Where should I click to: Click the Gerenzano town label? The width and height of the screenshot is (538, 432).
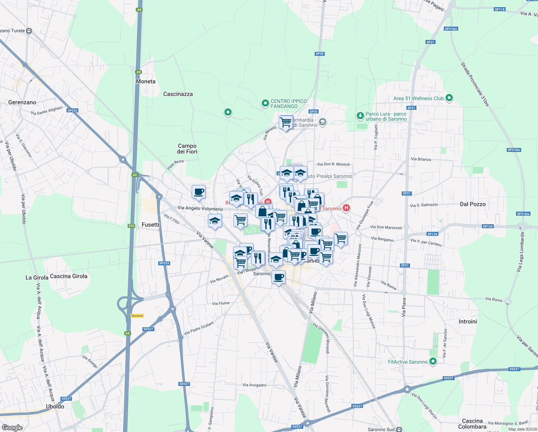click(22, 103)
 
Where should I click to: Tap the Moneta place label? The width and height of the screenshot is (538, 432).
click(146, 82)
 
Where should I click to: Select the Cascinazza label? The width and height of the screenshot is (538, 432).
click(178, 94)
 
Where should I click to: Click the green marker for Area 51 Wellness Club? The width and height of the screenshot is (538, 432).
click(449, 98)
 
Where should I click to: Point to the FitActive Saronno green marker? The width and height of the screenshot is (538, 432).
click(433, 361)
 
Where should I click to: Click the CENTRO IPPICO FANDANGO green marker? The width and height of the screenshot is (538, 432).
click(265, 104)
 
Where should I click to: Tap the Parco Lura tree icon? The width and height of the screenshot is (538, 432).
click(360, 116)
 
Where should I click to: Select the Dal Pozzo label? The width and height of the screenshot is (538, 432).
click(473, 204)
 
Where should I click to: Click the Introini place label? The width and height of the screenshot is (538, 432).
click(468, 321)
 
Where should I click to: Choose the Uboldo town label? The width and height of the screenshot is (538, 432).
click(55, 406)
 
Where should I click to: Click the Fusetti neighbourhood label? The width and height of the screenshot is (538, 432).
click(150, 225)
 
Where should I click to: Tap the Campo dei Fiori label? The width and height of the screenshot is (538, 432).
click(187, 149)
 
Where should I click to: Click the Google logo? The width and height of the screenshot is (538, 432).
click(12, 428)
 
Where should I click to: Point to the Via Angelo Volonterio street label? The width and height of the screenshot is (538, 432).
click(200, 208)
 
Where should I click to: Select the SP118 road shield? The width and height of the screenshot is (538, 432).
click(500, 9)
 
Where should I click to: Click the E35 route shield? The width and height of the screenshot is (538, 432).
click(131, 226)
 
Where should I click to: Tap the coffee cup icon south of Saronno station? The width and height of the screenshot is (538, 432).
click(278, 277)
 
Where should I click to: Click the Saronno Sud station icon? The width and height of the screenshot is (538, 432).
click(399, 429)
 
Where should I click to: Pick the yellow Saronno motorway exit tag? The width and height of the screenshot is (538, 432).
click(137, 316)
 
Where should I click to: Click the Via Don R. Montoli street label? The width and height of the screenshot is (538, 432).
click(333, 164)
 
